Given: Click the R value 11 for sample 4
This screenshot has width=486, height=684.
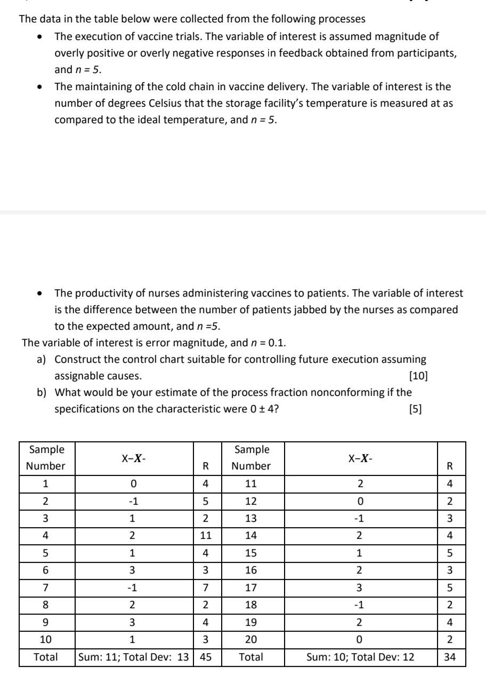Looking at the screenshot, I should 205,535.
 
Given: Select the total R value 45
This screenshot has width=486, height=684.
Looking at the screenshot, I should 205,657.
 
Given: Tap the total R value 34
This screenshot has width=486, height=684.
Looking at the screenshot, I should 450,657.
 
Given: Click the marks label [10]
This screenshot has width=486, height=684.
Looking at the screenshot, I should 418,376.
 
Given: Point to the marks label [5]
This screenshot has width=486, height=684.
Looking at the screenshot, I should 415,409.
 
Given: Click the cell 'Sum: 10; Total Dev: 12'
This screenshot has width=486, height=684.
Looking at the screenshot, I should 361,657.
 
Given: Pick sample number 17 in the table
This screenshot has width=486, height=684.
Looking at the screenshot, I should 250,587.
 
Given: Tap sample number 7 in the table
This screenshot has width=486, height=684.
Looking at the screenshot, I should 46,587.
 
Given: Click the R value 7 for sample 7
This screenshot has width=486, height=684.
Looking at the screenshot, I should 205,587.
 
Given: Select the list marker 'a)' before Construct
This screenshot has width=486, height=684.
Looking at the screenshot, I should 43,359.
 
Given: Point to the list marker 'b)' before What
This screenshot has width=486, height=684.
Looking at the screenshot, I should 43,393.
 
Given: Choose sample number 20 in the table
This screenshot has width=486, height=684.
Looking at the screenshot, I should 250,639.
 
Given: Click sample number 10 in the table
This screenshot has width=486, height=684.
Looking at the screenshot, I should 46,639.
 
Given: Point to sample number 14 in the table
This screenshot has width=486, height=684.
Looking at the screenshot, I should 250,535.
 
